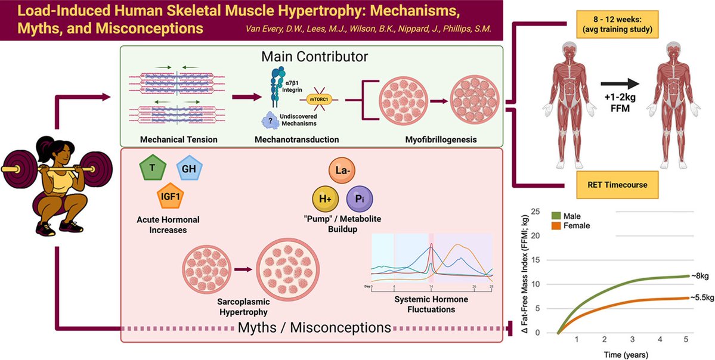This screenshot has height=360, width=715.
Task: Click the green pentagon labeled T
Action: pos(153,169)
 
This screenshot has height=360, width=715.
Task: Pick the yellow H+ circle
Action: pos(325,197)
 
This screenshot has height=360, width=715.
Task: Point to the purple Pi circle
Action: pos(360,197)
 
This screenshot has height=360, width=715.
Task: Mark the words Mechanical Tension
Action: pos(170,139)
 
